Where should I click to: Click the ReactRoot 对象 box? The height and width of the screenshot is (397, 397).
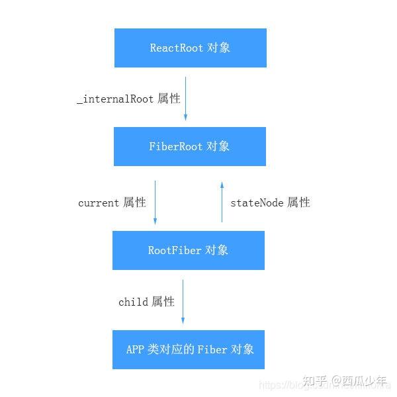pos(191,48)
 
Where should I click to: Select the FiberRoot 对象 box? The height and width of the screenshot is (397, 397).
pos(190,146)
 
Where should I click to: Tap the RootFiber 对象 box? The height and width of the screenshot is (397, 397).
pos(189,250)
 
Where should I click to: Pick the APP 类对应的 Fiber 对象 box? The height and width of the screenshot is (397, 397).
pos(189,349)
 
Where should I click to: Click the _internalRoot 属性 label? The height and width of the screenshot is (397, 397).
pos(128,99)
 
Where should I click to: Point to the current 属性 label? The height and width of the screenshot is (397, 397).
pos(112,202)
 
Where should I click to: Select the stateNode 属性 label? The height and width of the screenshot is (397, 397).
pos(270,202)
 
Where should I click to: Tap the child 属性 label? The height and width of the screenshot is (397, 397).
pos(146,302)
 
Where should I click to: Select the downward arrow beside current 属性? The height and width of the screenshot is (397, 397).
pos(155,202)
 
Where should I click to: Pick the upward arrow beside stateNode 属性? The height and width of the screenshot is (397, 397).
pos(222,202)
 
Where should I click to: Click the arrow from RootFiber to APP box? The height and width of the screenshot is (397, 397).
pos(183,302)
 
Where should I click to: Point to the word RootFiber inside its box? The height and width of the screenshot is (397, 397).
pos(175,250)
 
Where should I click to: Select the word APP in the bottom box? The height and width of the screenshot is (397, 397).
pos(135,349)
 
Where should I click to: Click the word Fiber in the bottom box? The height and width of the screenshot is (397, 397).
pos(212,349)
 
